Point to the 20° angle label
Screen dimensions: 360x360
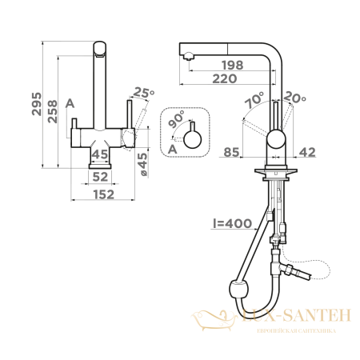click(x=294, y=98)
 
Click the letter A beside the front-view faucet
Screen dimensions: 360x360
click(x=70, y=103)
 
